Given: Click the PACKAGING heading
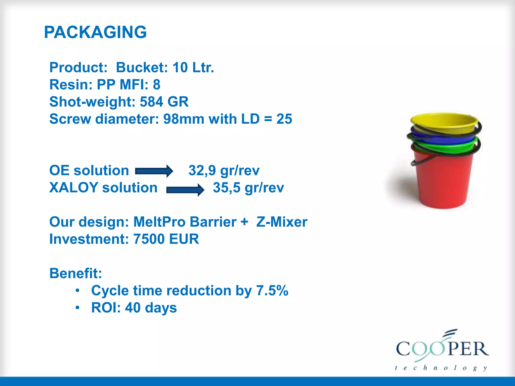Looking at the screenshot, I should pyautogui.click(x=95, y=32).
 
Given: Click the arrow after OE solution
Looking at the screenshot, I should pyautogui.click(x=154, y=171).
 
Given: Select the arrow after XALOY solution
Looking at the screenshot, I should pyautogui.click(x=185, y=189).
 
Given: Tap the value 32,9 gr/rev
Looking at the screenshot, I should pyautogui.click(x=224, y=170).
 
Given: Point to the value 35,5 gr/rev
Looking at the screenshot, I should pyautogui.click(x=248, y=187).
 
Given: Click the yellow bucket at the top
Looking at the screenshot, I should pyautogui.click(x=444, y=123).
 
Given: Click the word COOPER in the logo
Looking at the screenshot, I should pyautogui.click(x=443, y=349).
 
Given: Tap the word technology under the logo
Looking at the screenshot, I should pyautogui.click(x=441, y=368).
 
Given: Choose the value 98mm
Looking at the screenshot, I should pyautogui.click(x=184, y=119).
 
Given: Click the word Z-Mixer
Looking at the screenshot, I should pyautogui.click(x=282, y=222).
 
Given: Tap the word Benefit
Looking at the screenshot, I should pyautogui.click(x=75, y=273).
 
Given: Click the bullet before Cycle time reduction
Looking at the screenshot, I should pyautogui.click(x=78, y=291).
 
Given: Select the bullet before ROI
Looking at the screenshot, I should pyautogui.click(x=78, y=308).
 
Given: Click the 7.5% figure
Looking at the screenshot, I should pyautogui.click(x=272, y=291).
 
